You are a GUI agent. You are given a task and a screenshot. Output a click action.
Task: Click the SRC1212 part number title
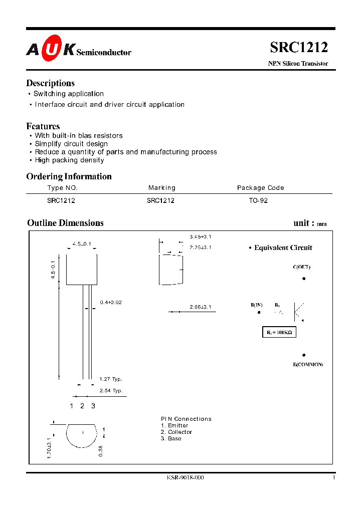coord(299,47)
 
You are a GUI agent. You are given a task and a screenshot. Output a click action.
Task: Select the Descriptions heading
coord(50,83)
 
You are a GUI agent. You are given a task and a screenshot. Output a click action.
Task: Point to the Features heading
coord(43,126)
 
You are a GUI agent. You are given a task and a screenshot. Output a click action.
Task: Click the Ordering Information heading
coord(69,176)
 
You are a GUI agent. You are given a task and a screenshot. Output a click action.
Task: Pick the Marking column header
coord(162,188)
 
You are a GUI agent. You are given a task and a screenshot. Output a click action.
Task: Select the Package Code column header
coord(260,188)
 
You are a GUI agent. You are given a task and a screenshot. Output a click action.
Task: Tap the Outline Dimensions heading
coord(65,223)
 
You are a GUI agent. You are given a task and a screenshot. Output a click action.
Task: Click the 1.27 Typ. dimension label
coord(111,379)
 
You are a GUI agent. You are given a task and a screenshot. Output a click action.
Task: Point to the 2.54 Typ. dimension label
coord(111,390)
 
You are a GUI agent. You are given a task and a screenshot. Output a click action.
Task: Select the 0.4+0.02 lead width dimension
coord(111,303)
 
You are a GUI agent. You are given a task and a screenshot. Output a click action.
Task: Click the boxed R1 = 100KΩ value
coord(279,332)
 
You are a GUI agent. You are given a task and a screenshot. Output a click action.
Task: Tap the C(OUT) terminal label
coord(302,267)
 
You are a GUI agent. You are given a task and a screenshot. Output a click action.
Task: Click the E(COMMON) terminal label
coord(308,364)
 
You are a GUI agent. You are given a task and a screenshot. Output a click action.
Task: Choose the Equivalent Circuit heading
coord(283,247)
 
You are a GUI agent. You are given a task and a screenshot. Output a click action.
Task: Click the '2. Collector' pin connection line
coord(176,432)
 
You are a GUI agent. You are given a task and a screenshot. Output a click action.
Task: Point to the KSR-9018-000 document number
coord(185,477)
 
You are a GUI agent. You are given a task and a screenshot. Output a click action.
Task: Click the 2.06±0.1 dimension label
coord(201,307)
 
